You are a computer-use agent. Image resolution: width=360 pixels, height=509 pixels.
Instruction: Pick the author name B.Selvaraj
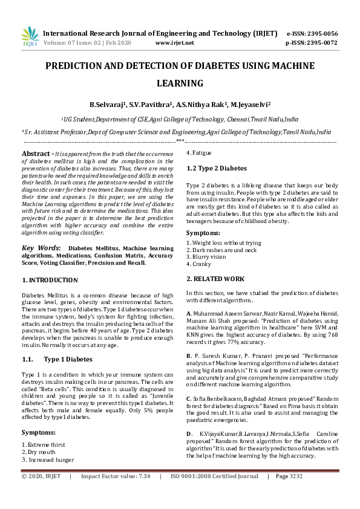point(109,104)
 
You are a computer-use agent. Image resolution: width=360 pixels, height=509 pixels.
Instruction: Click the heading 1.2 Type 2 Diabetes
point(216,168)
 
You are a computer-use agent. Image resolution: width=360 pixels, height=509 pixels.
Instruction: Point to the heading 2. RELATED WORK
point(215,279)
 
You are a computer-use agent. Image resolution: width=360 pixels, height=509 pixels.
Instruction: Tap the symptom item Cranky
point(201,264)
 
